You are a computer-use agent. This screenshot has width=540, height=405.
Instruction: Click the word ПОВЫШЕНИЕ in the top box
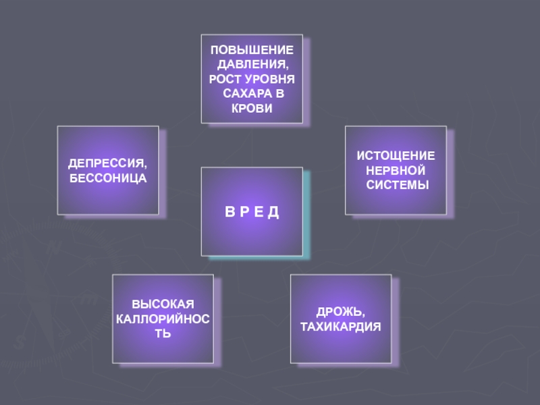[252, 51]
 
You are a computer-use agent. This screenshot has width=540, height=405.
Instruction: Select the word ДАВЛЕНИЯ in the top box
[252, 65]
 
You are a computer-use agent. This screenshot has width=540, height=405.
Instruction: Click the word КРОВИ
[252, 108]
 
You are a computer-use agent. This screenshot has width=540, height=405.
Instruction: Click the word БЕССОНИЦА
[108, 178]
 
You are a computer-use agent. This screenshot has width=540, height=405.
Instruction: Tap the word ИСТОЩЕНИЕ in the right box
[396, 156]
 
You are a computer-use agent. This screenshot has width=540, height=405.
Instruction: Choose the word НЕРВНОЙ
[396, 170]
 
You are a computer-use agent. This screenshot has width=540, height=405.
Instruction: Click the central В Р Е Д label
[252, 212]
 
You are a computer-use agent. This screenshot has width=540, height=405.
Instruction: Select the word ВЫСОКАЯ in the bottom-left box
[163, 304]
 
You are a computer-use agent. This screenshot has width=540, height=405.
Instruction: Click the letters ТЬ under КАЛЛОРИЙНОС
[163, 333]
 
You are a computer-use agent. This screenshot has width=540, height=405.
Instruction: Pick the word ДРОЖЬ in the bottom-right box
[341, 312]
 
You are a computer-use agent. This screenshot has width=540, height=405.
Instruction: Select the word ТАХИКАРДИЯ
[341, 327]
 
